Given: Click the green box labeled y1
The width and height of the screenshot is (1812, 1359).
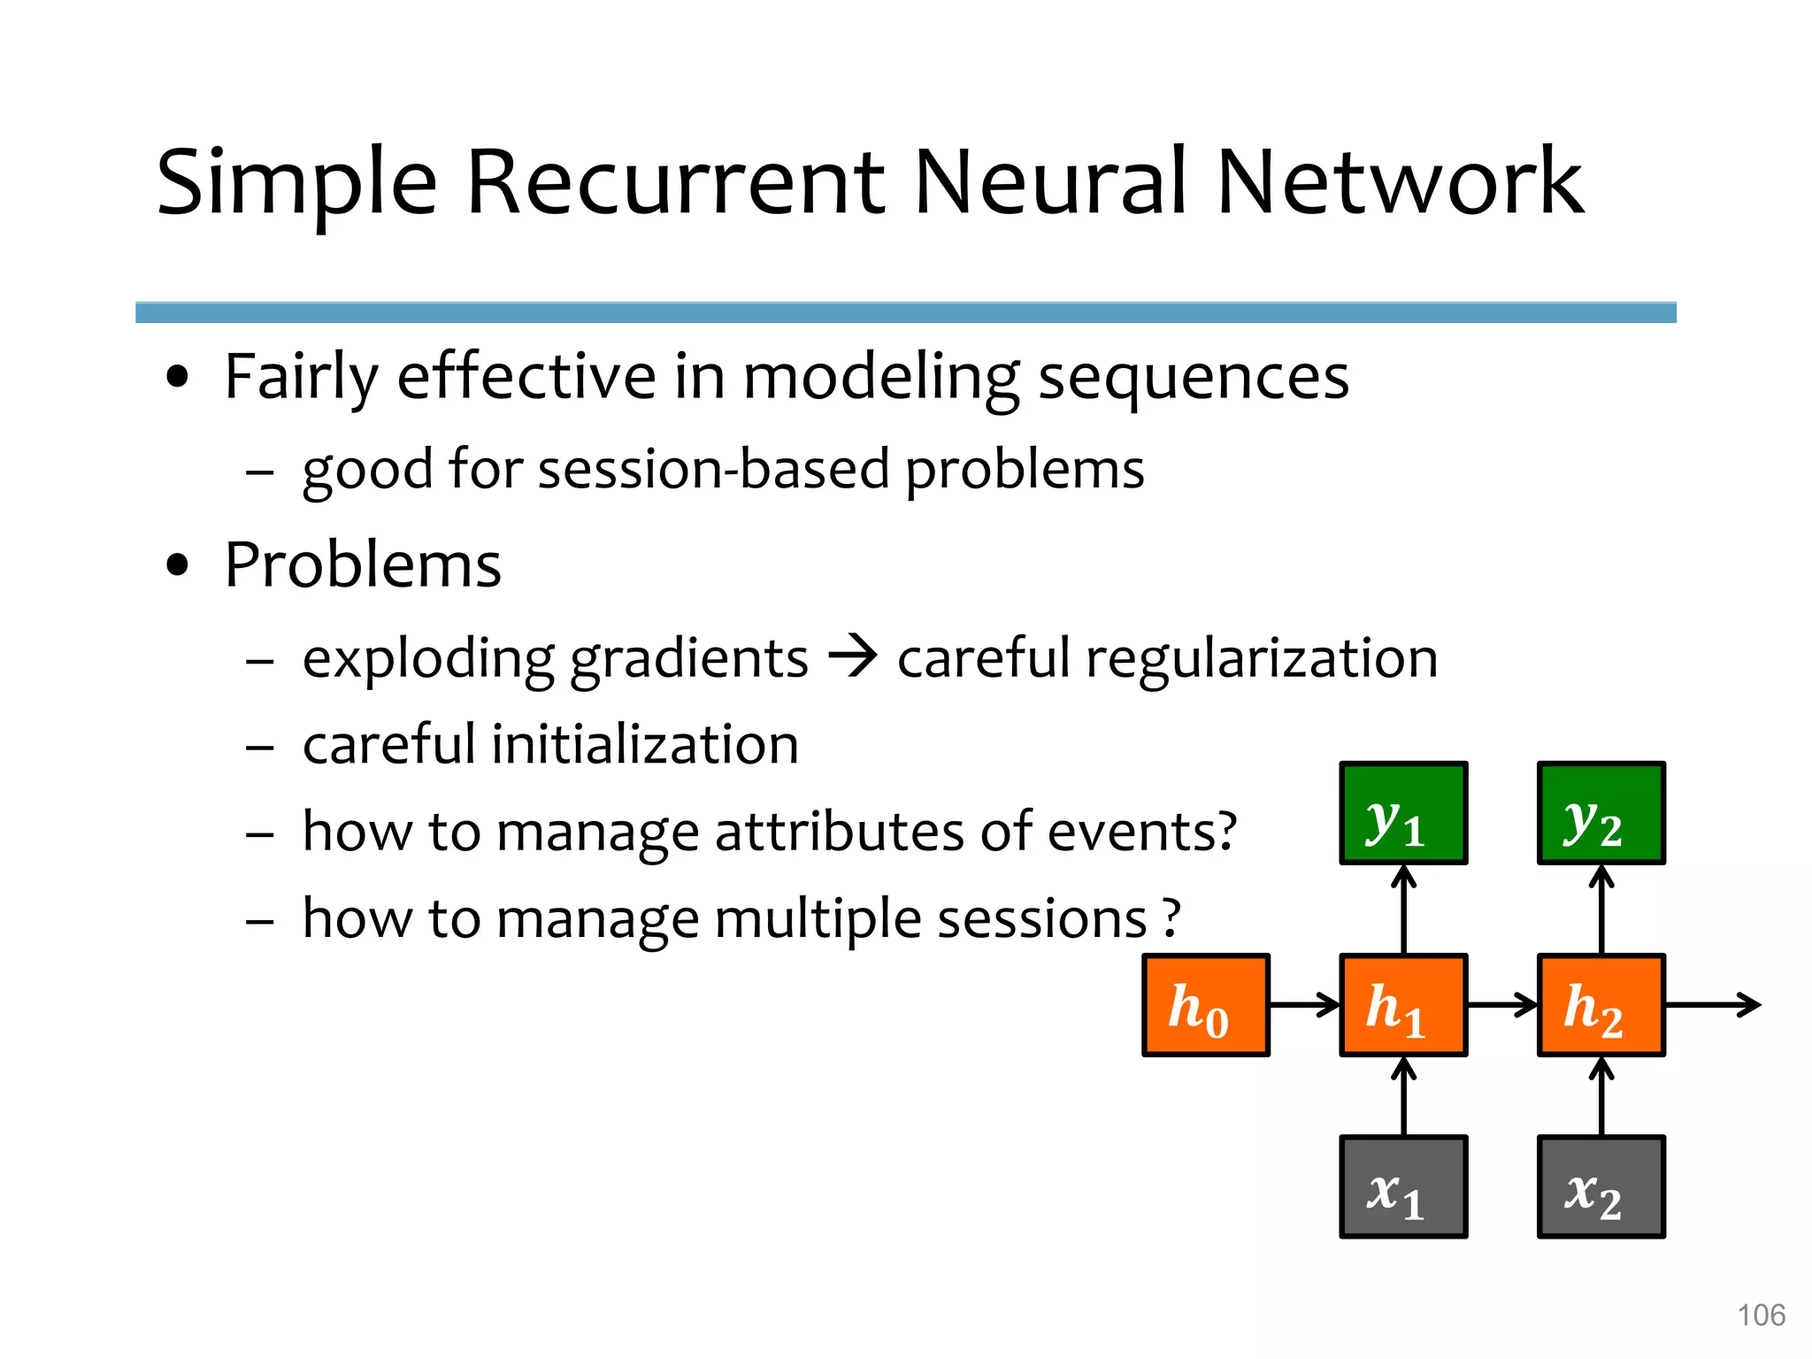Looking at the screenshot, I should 1403,812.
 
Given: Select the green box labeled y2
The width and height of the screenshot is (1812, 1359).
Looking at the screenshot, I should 1601,812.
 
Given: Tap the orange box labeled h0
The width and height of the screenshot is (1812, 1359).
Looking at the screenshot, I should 1206,1005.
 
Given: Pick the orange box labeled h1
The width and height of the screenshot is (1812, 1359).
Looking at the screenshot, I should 1403,1005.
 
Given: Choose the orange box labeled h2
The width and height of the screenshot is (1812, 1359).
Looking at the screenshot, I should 1601,1005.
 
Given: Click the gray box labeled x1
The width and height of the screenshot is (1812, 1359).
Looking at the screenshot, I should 1403,1186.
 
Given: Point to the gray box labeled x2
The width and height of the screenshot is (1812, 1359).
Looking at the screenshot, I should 1601,1186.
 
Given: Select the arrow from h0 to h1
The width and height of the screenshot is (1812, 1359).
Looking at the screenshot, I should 1305,1005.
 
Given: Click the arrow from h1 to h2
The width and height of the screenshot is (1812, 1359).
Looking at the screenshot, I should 1502,1005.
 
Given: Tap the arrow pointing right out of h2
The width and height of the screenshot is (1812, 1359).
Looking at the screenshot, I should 1712,1005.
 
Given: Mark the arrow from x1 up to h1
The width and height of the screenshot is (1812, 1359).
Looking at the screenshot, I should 1403,1097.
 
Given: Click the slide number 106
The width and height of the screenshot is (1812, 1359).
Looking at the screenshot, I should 1761,1315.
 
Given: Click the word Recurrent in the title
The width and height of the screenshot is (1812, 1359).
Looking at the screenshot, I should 674,182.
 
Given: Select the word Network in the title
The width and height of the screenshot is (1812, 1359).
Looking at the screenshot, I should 1400,182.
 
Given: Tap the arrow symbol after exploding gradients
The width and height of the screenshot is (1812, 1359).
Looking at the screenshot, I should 852,658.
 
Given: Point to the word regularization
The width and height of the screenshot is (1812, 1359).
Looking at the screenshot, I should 1261,660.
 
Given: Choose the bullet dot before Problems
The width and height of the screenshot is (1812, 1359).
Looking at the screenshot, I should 178,565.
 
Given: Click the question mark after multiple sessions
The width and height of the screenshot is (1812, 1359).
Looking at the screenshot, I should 1171,918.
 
